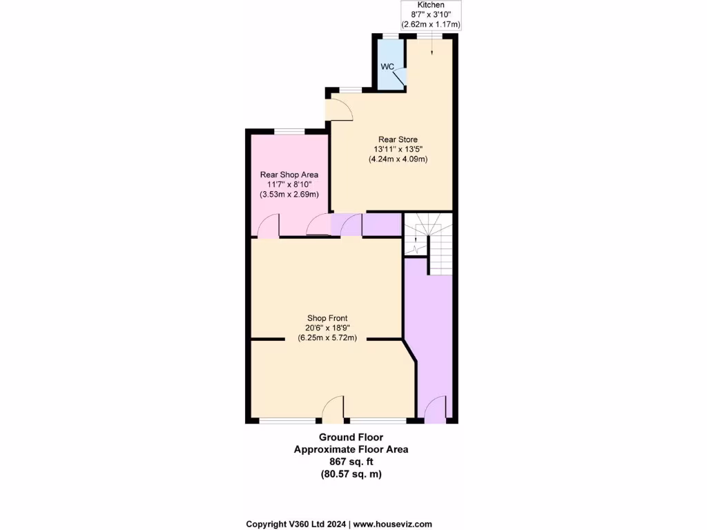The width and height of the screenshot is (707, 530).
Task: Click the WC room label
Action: coord(387,67)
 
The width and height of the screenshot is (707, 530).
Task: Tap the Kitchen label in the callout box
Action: coord(432,5)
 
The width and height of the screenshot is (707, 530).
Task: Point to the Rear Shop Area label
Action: coord(289,175)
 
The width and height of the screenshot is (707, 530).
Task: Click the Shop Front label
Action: coord(327,318)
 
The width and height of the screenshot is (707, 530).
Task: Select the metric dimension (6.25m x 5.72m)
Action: coord(327,338)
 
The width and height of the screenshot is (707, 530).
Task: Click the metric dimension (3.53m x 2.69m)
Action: coord(289,195)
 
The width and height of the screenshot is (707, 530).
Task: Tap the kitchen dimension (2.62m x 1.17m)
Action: coord(432,24)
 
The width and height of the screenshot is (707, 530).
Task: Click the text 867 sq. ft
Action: coord(351,462)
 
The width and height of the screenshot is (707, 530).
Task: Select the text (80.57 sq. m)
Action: coord(351,474)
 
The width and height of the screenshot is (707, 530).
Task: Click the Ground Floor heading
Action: coord(351,437)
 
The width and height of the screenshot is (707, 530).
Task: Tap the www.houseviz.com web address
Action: coord(393,524)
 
